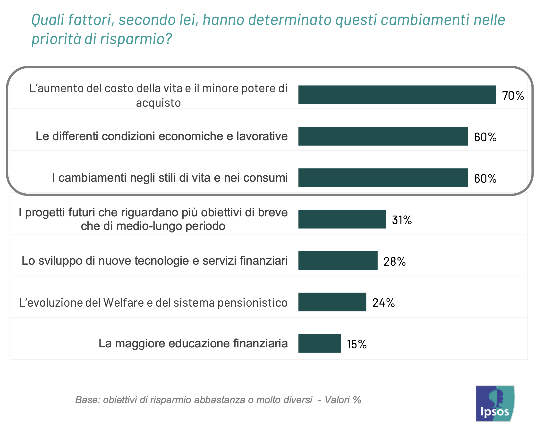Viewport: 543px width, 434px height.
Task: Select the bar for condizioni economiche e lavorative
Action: [383, 136]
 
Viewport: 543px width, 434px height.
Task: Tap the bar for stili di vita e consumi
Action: [383, 178]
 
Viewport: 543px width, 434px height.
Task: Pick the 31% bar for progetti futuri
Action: [342, 219]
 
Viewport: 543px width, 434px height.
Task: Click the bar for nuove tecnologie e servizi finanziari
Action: [338, 261]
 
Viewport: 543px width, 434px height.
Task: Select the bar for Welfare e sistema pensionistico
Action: [332, 302]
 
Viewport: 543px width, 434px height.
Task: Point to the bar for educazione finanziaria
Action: [319, 344]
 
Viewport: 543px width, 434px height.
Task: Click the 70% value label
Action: [513, 96]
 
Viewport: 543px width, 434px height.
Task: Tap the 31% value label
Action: [402, 220]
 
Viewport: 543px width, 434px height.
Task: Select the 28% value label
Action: [394, 262]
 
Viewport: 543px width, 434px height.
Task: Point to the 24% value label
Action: [383, 303]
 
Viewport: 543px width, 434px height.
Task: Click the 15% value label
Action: [357, 344]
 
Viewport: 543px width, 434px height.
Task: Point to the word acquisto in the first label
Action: [158, 103]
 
